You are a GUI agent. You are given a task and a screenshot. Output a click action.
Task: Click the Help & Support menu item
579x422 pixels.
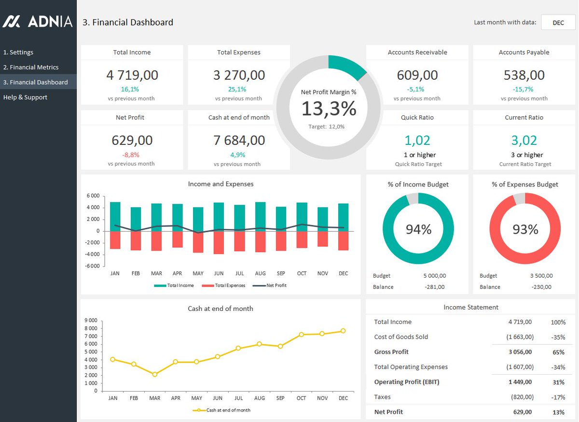coord(25,97)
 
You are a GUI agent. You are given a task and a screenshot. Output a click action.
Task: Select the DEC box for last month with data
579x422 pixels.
coord(558,23)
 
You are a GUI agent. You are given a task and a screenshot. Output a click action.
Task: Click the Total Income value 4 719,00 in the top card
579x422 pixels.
coord(132,75)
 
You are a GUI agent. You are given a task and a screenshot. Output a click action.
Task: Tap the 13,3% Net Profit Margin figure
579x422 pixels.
coord(329,109)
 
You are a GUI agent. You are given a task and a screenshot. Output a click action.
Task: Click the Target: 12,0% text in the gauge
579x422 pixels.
coord(327,127)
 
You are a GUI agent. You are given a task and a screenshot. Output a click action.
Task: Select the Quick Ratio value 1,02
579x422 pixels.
coord(417,140)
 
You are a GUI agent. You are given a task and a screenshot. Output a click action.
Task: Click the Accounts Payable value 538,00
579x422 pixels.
coord(524,75)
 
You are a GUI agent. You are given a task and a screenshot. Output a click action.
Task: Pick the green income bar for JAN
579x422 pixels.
coord(115,216)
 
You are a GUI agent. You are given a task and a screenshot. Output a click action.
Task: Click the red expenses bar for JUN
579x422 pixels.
coord(219,242)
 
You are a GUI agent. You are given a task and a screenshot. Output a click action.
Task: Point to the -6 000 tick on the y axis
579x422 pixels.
coord(93,266)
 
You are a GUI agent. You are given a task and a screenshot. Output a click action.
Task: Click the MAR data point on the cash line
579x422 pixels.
coord(154,374)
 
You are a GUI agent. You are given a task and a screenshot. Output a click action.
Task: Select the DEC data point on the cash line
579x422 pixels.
coord(343,331)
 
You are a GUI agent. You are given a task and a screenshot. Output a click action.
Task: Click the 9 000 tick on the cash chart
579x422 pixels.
coord(91,321)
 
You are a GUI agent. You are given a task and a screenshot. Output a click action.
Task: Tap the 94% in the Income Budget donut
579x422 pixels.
coord(418,229)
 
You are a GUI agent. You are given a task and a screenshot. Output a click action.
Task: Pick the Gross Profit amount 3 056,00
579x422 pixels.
coord(520,352)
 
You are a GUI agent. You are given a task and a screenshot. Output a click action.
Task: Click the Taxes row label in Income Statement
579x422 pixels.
coord(382,397)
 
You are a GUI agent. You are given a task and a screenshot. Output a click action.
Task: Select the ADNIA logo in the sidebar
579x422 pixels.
coord(38,22)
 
